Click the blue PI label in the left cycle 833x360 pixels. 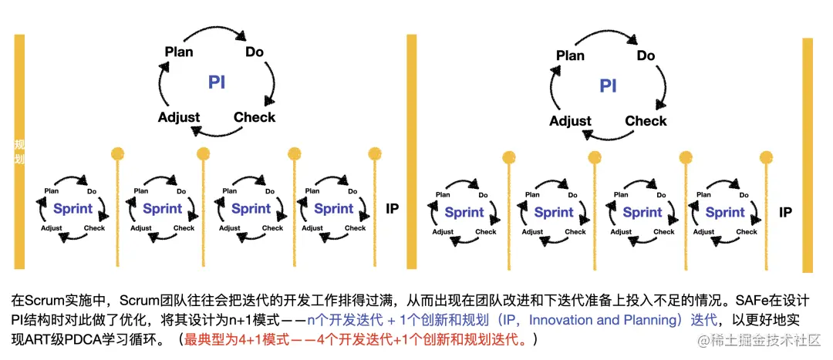[x=217, y=82]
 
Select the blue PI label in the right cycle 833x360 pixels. [x=609, y=85]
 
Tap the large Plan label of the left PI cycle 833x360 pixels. [x=179, y=52]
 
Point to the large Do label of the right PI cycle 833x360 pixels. [x=646, y=56]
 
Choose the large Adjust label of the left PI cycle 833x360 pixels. [x=179, y=117]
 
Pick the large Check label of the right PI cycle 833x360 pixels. [x=646, y=120]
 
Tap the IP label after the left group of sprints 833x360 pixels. [x=392, y=208]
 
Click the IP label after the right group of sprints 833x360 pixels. [x=785, y=212]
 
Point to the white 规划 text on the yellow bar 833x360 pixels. [x=19, y=152]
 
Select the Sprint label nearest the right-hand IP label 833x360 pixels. [x=725, y=212]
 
